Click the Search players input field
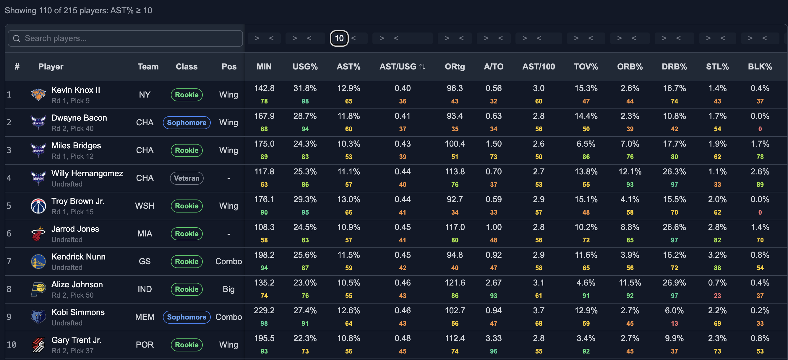pos(125,38)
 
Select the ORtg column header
pos(455,67)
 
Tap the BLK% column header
pos(760,67)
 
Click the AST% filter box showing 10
pos(339,38)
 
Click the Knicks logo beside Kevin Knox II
pos(38,95)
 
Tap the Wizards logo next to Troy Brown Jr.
pos(38,206)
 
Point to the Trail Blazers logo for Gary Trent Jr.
pos(38,345)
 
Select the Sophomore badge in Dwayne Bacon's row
pos(187,123)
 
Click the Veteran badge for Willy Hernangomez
pos(187,178)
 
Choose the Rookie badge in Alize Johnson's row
pos(187,289)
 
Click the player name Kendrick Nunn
pos(78,257)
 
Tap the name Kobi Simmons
pos(78,312)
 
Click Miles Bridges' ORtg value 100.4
pos(455,144)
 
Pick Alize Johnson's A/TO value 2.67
pos(493,283)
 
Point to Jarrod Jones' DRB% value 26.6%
pos(674,227)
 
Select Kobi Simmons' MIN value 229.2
pos(264,310)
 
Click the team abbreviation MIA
pos(145,234)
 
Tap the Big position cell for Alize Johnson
pos(228,289)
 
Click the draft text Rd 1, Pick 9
pos(70,100)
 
